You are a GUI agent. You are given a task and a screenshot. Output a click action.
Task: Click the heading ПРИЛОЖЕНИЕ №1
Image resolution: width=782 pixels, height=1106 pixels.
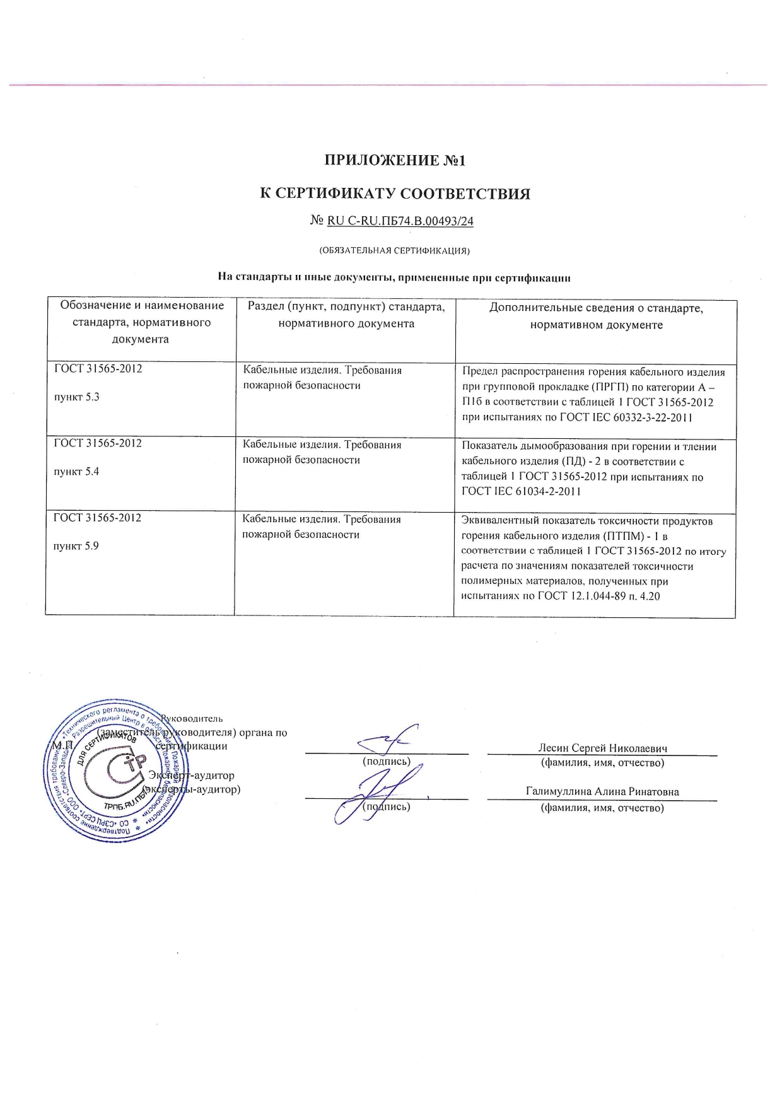395,160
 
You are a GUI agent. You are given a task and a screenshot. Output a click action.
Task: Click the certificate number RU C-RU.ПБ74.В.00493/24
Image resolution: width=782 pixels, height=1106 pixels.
400,221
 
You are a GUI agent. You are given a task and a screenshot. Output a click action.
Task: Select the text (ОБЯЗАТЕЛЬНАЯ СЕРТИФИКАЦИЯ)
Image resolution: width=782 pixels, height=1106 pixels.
395,250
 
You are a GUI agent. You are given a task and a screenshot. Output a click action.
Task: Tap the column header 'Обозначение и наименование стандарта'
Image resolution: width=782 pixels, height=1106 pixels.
141,322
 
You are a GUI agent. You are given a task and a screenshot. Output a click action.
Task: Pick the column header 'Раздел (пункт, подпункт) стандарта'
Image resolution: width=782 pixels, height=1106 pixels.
346,315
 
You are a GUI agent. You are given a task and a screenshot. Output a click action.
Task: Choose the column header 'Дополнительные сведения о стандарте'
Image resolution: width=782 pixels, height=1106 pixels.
596,317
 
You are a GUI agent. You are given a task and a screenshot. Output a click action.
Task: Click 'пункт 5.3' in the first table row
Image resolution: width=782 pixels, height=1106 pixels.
76,397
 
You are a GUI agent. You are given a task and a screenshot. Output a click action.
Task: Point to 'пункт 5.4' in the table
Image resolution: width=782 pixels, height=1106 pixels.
76,472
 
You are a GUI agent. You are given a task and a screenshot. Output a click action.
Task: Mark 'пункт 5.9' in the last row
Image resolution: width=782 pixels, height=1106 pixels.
76,546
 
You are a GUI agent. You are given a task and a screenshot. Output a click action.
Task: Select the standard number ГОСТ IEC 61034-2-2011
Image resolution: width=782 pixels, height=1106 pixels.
521,491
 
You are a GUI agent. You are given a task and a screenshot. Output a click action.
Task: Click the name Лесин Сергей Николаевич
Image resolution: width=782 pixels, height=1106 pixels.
602,748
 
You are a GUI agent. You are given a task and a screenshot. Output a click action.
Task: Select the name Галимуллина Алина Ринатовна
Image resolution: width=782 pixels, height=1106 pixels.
602,792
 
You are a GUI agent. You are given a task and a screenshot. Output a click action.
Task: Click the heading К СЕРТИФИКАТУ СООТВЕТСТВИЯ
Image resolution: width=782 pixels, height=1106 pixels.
395,194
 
